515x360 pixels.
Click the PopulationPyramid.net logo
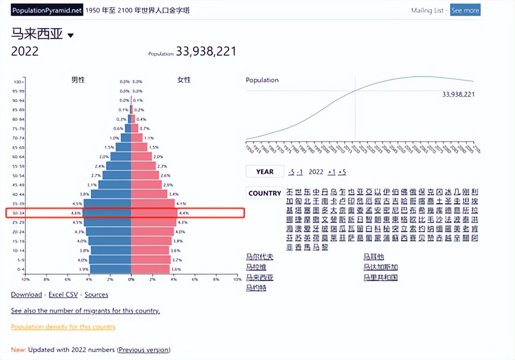pyautogui.click(x=47, y=10)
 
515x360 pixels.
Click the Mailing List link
pyautogui.click(x=427, y=10)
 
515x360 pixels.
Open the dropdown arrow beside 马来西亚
pyautogui.click(x=71, y=36)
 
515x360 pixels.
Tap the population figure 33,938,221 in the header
pyautogui.click(x=206, y=51)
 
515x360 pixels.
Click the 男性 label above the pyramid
pyautogui.click(x=78, y=80)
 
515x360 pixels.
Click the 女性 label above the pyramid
pyautogui.click(x=184, y=80)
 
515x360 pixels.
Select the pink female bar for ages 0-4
pyautogui.click(x=150, y=269)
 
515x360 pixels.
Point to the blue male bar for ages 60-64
pyautogui.click(x=121, y=156)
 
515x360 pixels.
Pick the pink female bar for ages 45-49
pyautogui.click(x=146, y=185)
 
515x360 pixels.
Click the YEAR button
pyautogui.click(x=264, y=172)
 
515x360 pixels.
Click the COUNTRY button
pyautogui.click(x=264, y=193)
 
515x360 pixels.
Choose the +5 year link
pyautogui.click(x=342, y=172)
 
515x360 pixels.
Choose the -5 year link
pyautogui.click(x=291, y=172)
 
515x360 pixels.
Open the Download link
pyautogui.click(x=26, y=294)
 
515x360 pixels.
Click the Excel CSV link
pyautogui.click(x=63, y=294)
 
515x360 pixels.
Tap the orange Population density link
pyautogui.click(x=63, y=327)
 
